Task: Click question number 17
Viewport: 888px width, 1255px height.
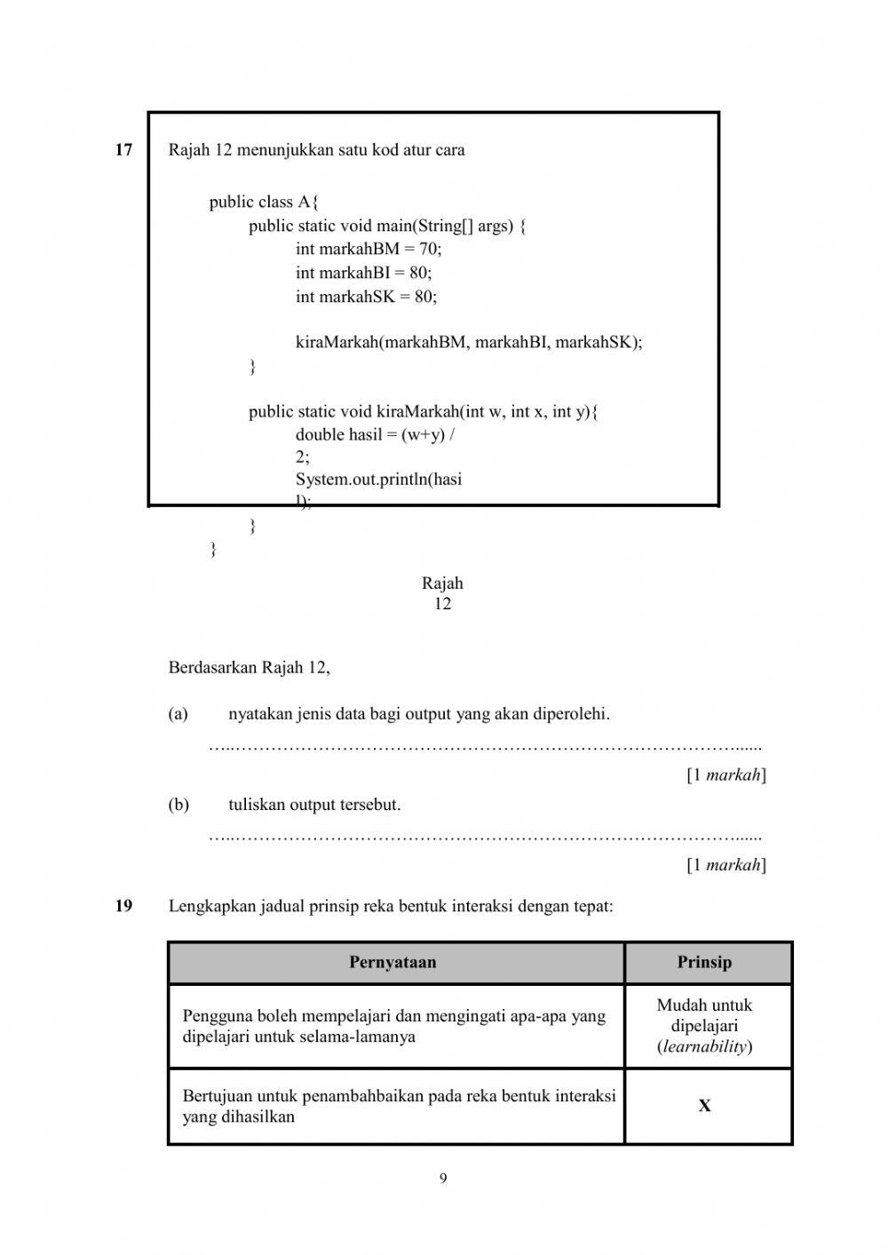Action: click(123, 150)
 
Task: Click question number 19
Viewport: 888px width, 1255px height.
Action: click(123, 907)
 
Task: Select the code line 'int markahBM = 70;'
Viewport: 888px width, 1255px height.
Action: click(368, 250)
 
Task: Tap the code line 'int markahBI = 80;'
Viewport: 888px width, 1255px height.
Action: click(363, 273)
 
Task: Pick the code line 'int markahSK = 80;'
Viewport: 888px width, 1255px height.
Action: click(366, 297)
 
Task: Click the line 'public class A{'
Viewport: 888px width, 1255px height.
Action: click(264, 203)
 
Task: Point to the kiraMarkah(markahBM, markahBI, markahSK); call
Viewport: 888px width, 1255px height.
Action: click(468, 343)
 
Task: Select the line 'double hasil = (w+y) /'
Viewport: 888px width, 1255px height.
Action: click(376, 434)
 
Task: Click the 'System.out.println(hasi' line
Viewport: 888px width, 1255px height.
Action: click(378, 480)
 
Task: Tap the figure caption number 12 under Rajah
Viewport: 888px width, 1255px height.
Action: click(442, 604)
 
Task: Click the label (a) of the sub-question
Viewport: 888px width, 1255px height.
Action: click(178, 714)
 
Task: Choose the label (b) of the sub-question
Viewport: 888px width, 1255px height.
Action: click(178, 806)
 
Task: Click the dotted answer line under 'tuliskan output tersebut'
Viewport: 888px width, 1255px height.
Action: click(485, 837)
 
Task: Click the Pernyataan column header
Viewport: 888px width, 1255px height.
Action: click(392, 963)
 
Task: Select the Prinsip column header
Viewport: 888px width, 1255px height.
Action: click(704, 963)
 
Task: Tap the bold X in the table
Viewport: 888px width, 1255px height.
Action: click(704, 1107)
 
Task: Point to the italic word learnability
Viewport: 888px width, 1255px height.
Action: click(704, 1047)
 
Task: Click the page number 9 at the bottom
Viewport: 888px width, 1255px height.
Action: click(443, 1180)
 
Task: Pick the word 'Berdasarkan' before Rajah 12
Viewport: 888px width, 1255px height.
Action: click(212, 668)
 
